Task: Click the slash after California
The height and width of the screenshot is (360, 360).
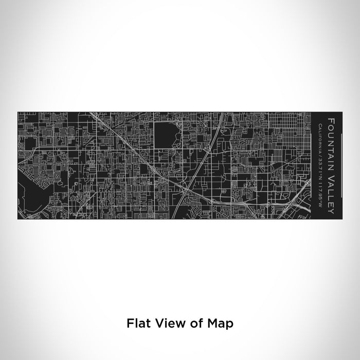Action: click(320, 153)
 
